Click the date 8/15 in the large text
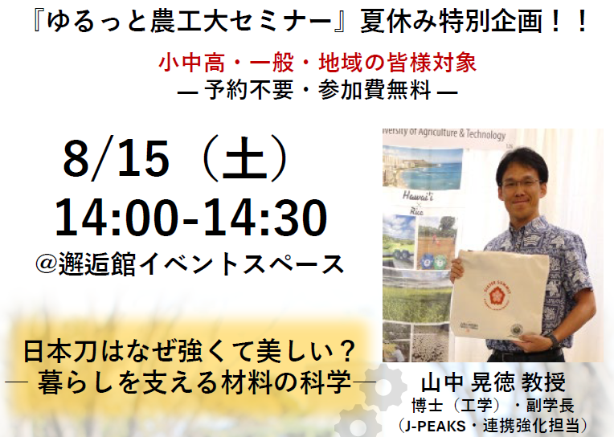point(117,159)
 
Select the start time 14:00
point(117,218)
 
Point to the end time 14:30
point(265,218)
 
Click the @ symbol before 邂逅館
point(46,264)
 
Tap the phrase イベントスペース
point(241,264)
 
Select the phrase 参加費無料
point(375,90)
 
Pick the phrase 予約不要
point(248,90)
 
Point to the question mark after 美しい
point(346,351)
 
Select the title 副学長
point(551,406)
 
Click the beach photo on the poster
point(422,166)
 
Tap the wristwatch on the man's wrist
point(553,340)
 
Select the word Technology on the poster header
point(485,134)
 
